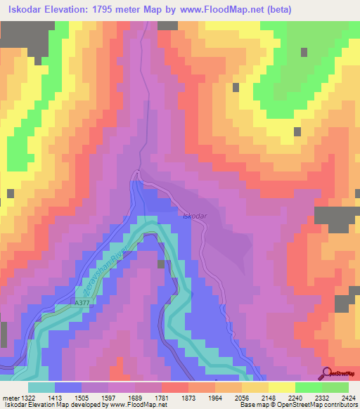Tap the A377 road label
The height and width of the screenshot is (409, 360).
(x=84, y=303)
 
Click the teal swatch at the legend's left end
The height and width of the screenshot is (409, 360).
(x=41, y=387)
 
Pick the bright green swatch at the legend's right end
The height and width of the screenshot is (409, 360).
(x=335, y=387)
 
